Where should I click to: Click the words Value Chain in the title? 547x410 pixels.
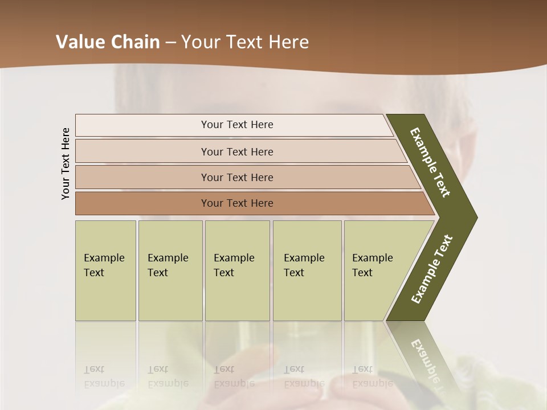coord(108,42)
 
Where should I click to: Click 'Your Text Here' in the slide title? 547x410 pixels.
coord(245,42)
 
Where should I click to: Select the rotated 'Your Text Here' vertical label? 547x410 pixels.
coord(66,163)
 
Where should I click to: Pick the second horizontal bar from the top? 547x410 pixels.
coord(237,151)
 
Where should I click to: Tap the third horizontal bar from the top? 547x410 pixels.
coord(237,177)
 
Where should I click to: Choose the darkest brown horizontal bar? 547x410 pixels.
coord(237,203)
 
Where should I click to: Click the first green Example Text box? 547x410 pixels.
coord(105,270)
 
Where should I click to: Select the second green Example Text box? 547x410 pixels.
coord(170,270)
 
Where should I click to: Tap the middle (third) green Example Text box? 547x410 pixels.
coord(237,270)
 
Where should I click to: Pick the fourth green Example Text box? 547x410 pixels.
coord(307,270)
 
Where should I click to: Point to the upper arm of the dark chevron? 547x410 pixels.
coord(431,163)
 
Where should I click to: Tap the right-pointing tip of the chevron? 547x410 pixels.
coord(470,217)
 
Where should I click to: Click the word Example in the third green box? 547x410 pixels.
coord(234,258)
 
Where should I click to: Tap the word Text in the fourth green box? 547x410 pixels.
coord(294,273)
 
